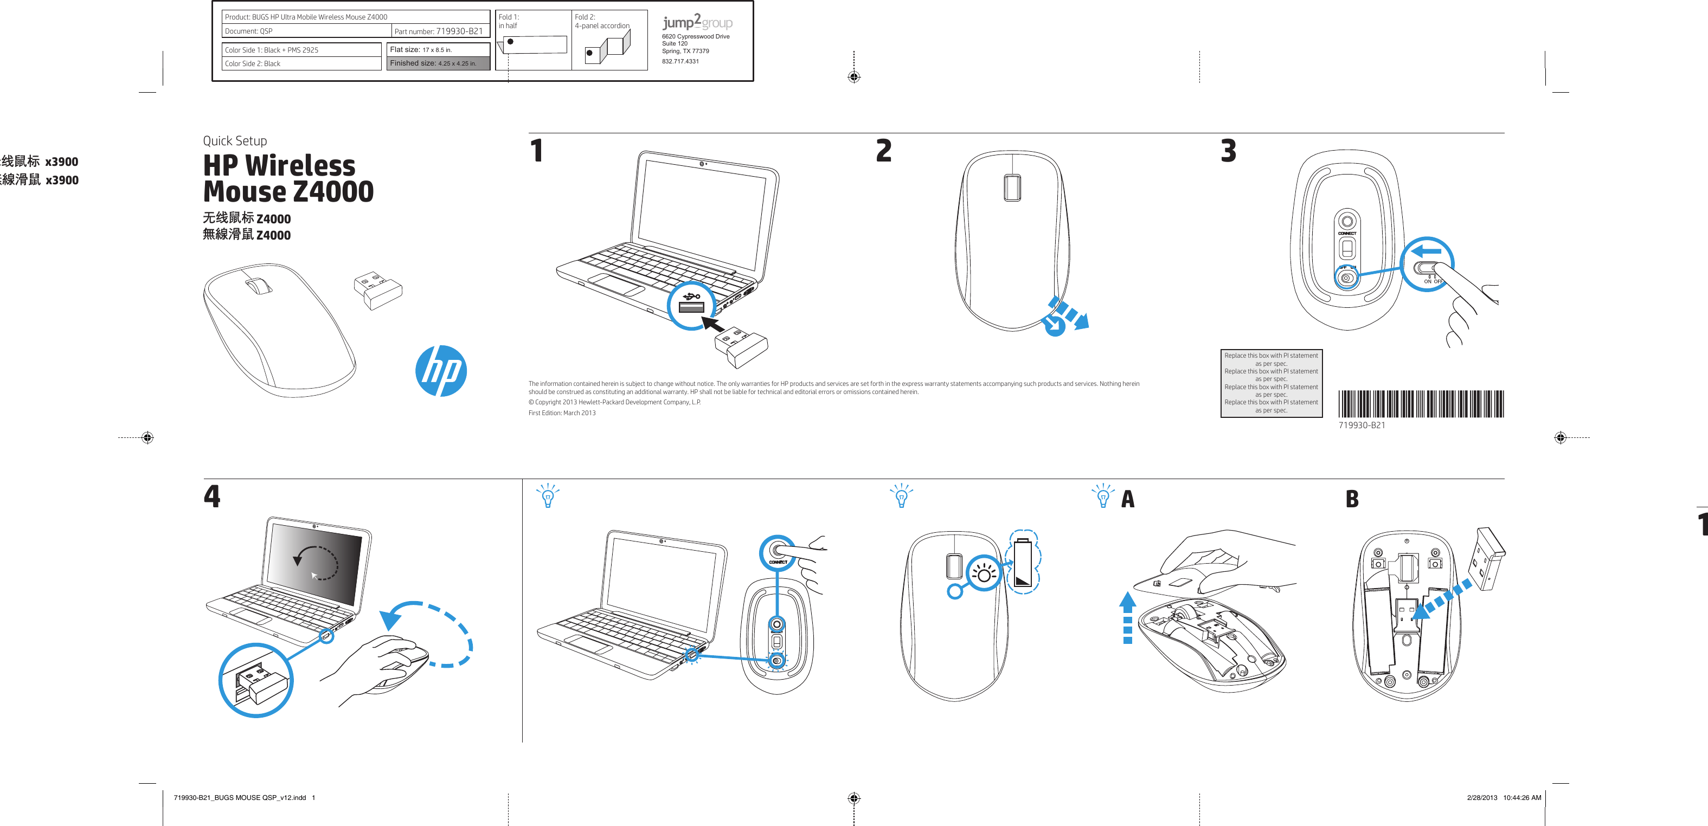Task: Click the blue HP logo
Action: click(x=441, y=371)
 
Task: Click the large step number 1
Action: click(x=537, y=151)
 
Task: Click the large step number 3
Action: click(x=1228, y=151)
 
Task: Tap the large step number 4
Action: click(x=211, y=496)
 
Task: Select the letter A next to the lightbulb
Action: click(x=1128, y=499)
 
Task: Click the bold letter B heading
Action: click(x=1352, y=499)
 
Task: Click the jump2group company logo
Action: click(x=697, y=22)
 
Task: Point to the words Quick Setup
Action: click(x=235, y=140)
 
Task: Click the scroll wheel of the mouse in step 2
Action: click(x=1012, y=188)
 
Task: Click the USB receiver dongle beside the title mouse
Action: click(x=378, y=289)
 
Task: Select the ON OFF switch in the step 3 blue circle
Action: click(x=1426, y=268)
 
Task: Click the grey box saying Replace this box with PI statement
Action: click(x=1271, y=383)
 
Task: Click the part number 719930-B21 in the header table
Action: click(x=459, y=31)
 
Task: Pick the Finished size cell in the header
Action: click(x=438, y=63)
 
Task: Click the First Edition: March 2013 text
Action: click(x=562, y=413)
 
